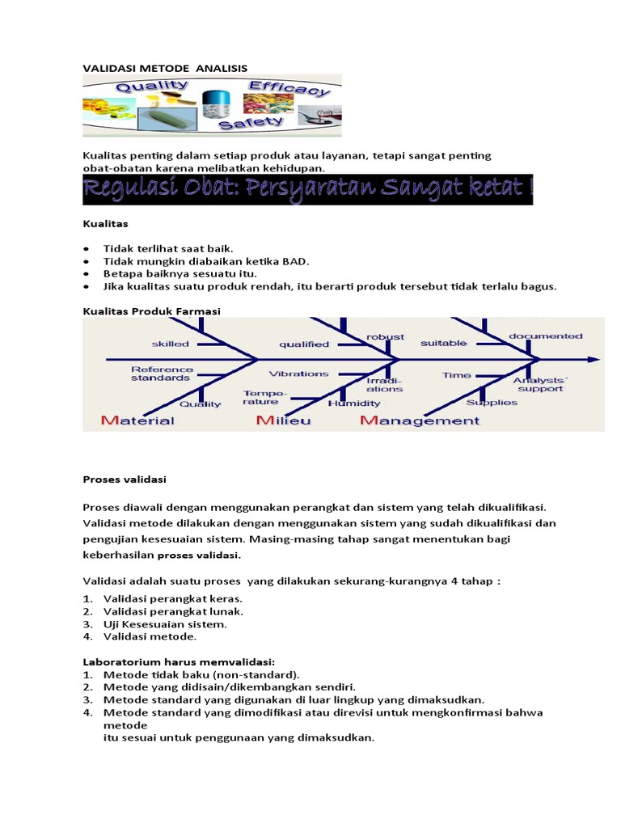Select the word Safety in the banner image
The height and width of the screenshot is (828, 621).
point(252,123)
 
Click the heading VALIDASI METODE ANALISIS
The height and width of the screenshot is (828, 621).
point(165,69)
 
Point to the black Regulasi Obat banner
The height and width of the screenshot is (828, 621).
point(308,190)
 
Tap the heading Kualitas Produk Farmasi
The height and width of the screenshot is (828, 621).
point(152,311)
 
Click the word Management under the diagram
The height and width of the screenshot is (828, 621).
point(420,420)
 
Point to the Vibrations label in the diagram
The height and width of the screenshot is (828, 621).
point(298,374)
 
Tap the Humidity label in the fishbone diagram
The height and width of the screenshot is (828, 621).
point(353,403)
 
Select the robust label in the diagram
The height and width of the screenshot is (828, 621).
point(385,336)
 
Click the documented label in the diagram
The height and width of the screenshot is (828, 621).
point(545,336)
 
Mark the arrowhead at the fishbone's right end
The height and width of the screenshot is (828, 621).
point(593,358)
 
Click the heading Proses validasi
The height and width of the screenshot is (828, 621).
point(125,479)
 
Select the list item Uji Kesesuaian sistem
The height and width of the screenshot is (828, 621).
point(165,624)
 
